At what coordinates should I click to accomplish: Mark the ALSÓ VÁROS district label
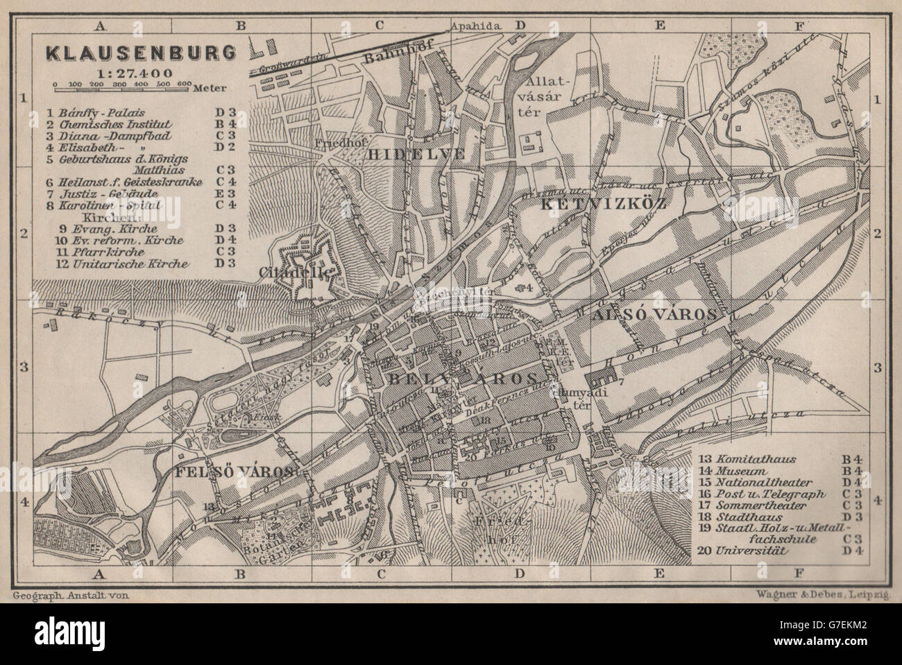(x=654, y=313)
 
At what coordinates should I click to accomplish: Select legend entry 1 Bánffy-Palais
(x=105, y=110)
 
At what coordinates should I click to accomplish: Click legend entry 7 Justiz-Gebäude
(x=105, y=193)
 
